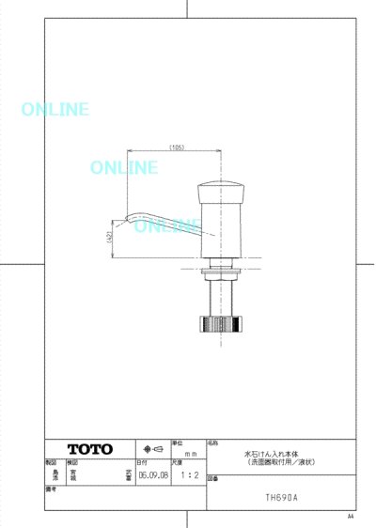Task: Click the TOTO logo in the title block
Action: (x=90, y=449)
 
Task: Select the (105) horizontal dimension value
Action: (x=176, y=148)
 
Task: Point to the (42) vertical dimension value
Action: (x=109, y=238)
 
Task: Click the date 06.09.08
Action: (x=152, y=475)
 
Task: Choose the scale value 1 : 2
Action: (x=188, y=475)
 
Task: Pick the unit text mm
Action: (x=188, y=452)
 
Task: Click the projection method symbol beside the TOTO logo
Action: (x=152, y=449)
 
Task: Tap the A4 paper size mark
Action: (x=350, y=517)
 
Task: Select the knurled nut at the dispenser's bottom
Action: (x=220, y=327)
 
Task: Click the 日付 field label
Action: (x=141, y=463)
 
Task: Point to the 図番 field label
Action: (x=212, y=479)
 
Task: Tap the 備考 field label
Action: (x=51, y=489)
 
